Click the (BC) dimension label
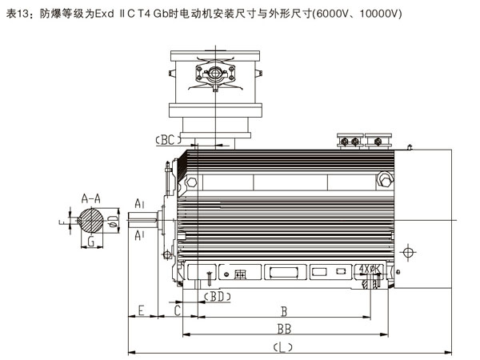(x=165, y=139)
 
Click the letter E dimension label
(x=141, y=309)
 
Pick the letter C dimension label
(x=177, y=309)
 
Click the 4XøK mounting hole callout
(x=370, y=270)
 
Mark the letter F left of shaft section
(x=62, y=218)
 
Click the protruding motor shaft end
(x=149, y=217)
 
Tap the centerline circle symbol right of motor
(x=409, y=254)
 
